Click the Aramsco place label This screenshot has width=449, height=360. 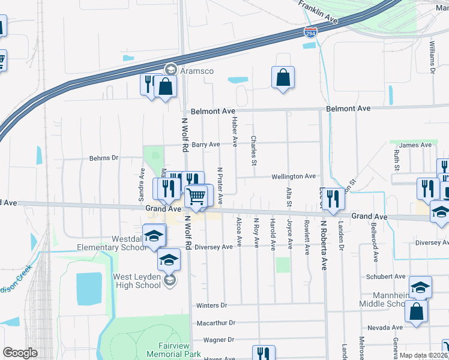coord(198,70)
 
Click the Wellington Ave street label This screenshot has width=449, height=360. coord(294,176)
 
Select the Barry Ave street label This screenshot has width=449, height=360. coord(206,145)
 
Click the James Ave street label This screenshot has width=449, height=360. coord(415,145)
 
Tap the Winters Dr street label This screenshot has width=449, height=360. coord(212,306)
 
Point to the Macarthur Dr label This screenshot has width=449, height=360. coord(216,323)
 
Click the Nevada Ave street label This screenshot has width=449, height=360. coord(385,328)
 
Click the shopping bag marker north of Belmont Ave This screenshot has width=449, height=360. coord(282,78)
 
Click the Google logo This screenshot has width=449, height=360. coord(20,353)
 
